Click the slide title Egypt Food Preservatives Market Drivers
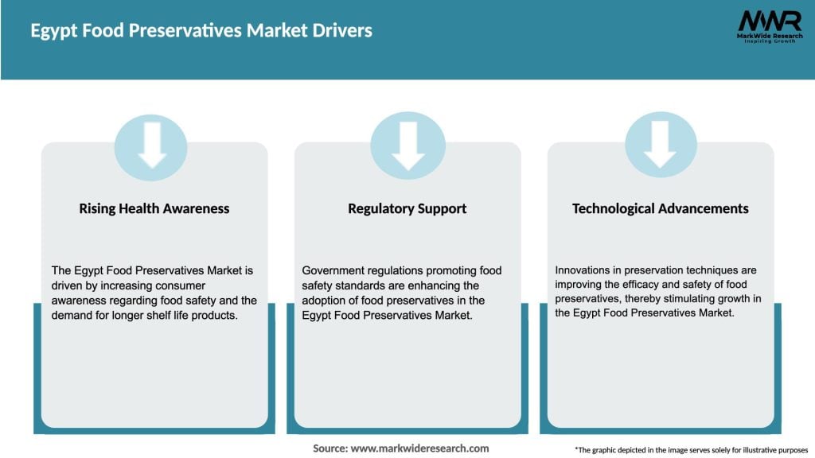point(201,32)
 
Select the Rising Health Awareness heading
point(154,208)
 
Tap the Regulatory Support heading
point(407,208)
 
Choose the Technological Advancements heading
point(660,208)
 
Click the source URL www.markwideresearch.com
point(419,448)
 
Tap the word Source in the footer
point(329,448)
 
